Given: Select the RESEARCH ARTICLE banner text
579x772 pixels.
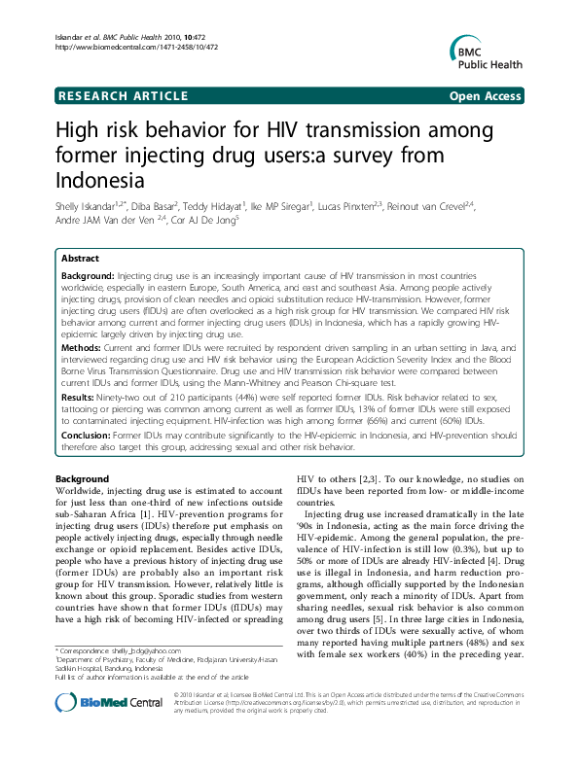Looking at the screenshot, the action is point(123,95).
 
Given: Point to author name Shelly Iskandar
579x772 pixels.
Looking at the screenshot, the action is point(85,207).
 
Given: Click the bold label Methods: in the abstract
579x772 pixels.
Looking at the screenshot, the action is point(84,346).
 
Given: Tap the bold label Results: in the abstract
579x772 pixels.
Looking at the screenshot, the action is point(82,398).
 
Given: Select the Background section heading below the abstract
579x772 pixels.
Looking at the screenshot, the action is point(82,480).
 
